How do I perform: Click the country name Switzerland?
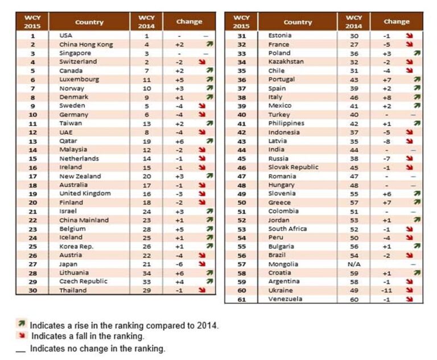tap(78, 61)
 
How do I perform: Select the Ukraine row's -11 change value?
tap(387, 290)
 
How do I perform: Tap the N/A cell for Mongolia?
tap(353, 264)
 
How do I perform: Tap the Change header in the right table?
tap(396, 22)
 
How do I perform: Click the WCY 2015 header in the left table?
tap(32, 22)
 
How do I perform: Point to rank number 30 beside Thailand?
tap(32, 290)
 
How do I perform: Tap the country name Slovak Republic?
tap(293, 167)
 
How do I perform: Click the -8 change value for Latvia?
tap(387, 140)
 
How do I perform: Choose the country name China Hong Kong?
tap(86, 44)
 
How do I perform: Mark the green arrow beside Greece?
tap(417, 202)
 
